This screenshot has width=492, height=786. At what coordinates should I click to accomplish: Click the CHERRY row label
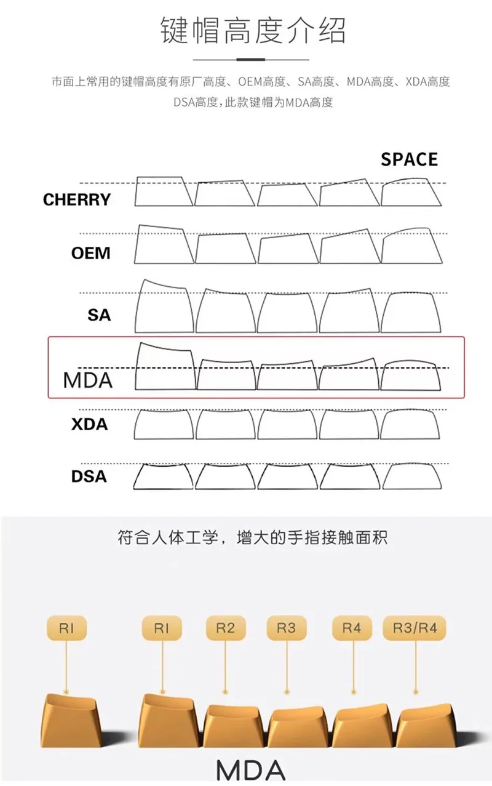(x=77, y=199)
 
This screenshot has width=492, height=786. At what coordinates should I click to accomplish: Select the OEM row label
(x=91, y=253)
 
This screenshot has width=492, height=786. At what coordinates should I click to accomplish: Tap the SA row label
(x=99, y=315)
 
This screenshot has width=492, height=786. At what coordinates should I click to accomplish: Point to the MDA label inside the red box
(x=88, y=380)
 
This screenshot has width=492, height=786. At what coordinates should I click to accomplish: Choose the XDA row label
(x=89, y=424)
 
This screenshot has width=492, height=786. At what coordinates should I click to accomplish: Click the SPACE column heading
(x=409, y=159)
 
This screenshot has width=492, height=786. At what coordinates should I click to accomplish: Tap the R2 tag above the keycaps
(x=225, y=628)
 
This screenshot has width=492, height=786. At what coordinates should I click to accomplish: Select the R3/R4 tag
(x=414, y=628)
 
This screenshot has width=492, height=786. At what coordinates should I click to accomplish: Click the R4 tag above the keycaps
(x=351, y=628)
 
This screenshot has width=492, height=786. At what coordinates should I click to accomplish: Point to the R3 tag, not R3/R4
(x=286, y=628)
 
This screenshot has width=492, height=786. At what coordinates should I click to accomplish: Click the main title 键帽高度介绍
(x=253, y=30)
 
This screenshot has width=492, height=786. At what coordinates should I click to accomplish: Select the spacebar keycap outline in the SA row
(x=412, y=313)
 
